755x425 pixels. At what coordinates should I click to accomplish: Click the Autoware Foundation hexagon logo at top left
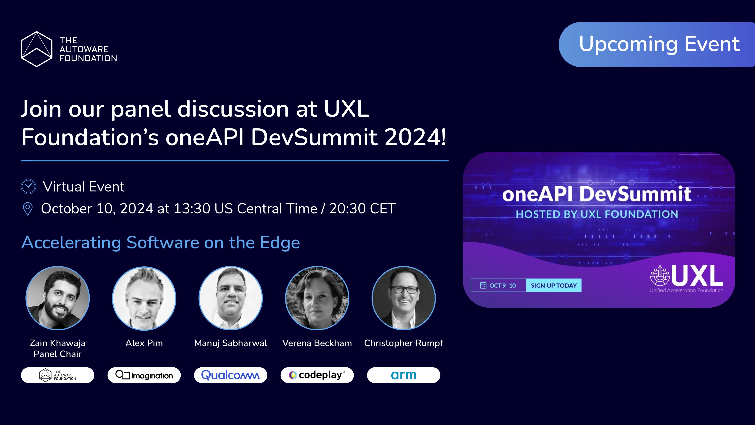(x=37, y=49)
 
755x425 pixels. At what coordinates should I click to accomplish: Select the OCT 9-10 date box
(x=498, y=285)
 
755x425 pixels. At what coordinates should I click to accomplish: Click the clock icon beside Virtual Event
(x=28, y=187)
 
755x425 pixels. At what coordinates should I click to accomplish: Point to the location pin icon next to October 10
(x=28, y=209)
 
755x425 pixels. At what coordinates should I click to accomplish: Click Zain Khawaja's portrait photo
(x=58, y=298)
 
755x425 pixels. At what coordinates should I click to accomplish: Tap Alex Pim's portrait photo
(x=144, y=298)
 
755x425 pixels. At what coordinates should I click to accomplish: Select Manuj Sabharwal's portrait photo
(x=231, y=298)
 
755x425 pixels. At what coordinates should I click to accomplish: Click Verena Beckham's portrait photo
(x=317, y=298)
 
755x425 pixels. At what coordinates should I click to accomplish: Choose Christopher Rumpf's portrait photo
(x=404, y=298)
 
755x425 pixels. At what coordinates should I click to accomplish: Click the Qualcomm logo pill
(x=230, y=375)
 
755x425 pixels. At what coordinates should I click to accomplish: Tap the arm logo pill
(x=404, y=375)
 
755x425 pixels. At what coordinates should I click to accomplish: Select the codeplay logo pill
(x=317, y=375)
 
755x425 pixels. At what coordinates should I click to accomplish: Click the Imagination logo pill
(x=144, y=375)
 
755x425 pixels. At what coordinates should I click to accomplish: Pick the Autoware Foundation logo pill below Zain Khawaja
(x=58, y=375)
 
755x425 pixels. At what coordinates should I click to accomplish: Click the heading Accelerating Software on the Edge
(x=161, y=243)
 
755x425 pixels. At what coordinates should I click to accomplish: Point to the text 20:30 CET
(x=362, y=209)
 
